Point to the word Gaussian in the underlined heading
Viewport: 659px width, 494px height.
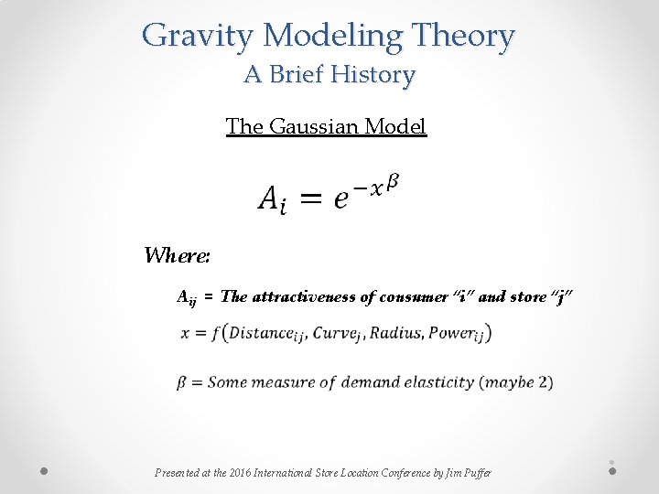(x=313, y=126)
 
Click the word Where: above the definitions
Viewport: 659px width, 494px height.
(x=178, y=255)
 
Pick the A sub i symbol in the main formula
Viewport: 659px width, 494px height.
(x=271, y=199)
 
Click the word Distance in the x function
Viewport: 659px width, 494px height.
(x=265, y=333)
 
